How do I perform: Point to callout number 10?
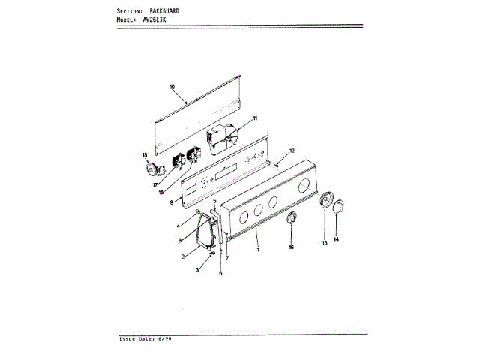[172, 87]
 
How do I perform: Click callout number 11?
[254, 118]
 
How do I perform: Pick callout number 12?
[292, 151]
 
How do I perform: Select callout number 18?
[145, 155]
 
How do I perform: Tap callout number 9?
[172, 202]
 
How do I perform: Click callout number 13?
[325, 243]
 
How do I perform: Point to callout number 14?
[336, 239]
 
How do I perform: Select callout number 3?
[197, 268]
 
